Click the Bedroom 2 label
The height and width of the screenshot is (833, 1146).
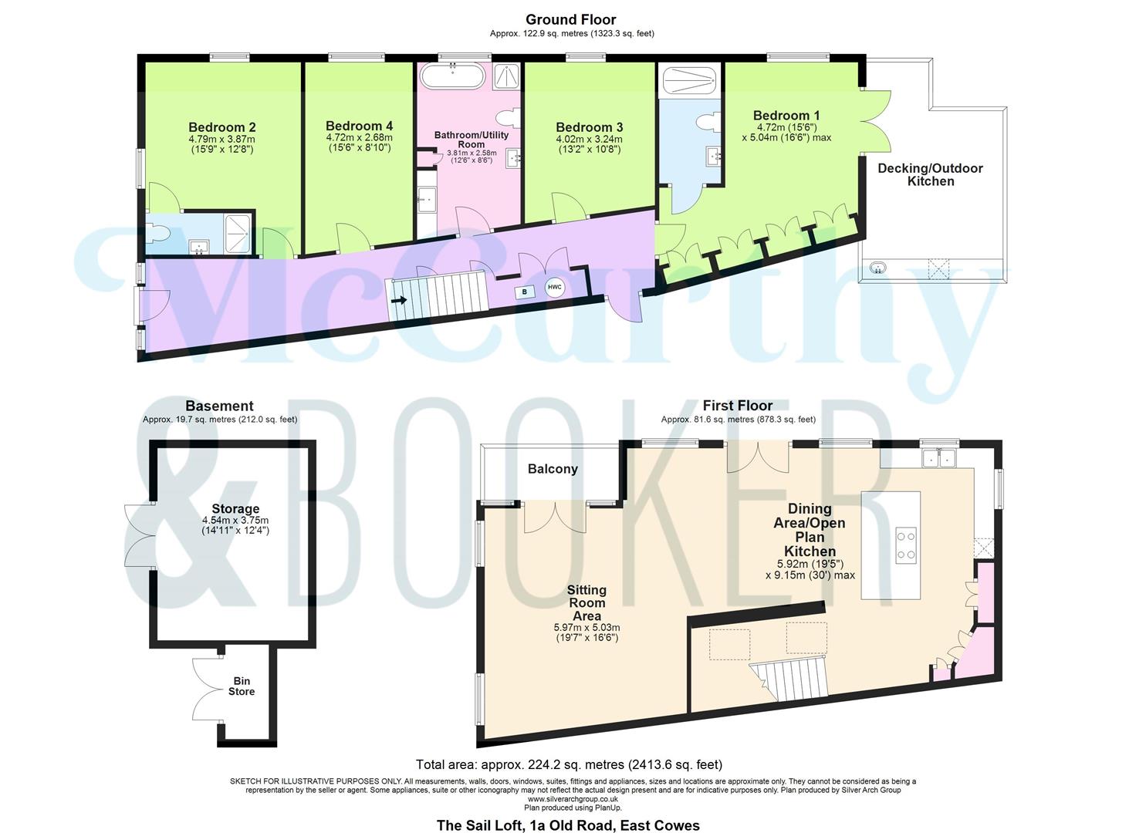(x=221, y=127)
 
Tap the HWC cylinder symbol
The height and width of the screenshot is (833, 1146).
(x=555, y=288)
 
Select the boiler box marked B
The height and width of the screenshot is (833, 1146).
(x=525, y=292)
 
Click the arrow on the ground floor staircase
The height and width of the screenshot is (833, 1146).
(x=399, y=300)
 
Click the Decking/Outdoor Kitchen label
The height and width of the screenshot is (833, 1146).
(x=930, y=174)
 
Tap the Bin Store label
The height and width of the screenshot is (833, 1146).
(x=241, y=686)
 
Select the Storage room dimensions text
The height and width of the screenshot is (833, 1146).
(x=235, y=525)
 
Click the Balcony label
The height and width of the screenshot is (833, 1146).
(x=553, y=469)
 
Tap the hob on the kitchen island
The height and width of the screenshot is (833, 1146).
(x=906, y=544)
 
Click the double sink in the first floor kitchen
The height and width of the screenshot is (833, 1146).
(x=939, y=460)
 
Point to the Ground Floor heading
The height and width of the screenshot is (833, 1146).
(x=571, y=20)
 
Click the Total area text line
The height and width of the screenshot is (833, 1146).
(x=569, y=765)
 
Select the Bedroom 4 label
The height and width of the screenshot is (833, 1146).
(x=359, y=126)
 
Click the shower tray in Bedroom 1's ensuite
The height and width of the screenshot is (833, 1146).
(x=689, y=80)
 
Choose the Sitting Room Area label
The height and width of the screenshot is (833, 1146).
(x=587, y=602)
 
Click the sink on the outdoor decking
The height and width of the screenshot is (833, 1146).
(x=877, y=268)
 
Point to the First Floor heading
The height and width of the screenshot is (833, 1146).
(x=737, y=406)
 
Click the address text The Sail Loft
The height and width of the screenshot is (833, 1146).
(x=568, y=825)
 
